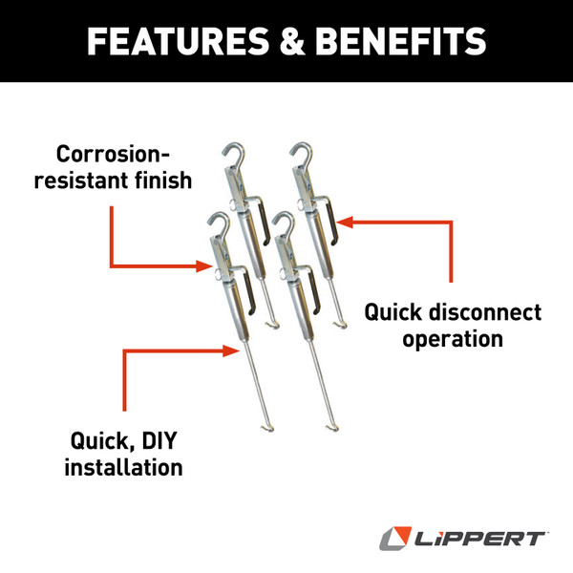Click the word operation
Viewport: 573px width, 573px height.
click(452, 339)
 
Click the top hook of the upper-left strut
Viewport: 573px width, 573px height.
click(235, 155)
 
